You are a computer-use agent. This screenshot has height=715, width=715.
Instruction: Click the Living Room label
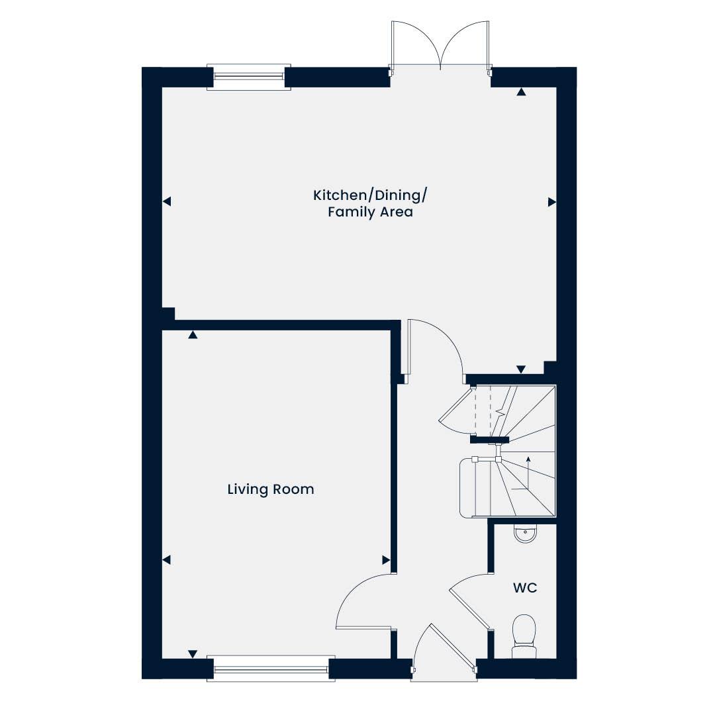click(x=271, y=490)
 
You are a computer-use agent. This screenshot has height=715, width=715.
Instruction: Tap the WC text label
click(x=525, y=588)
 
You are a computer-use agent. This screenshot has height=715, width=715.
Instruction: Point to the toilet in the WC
click(x=524, y=636)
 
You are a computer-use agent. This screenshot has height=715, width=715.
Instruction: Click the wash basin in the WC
click(x=525, y=534)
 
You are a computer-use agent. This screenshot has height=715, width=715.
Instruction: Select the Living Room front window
click(x=271, y=669)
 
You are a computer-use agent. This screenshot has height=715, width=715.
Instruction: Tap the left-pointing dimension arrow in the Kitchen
click(x=167, y=201)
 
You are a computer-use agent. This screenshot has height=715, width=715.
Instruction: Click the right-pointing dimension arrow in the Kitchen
click(x=551, y=201)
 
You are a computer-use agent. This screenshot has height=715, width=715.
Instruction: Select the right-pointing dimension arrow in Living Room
click(x=386, y=559)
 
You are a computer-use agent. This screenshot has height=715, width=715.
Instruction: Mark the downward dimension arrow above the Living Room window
click(x=193, y=654)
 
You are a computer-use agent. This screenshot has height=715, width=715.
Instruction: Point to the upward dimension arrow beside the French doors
click(x=521, y=92)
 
